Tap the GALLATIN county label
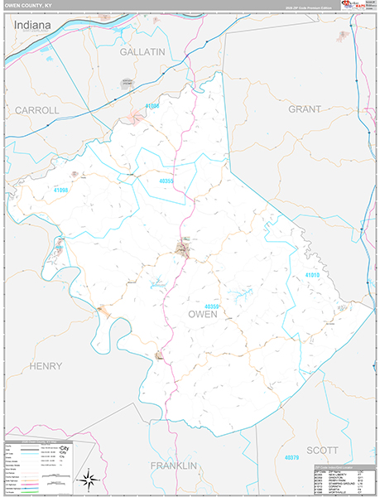pos(142,51)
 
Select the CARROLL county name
pos(36,109)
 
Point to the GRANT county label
pos(304,109)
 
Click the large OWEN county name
pos(203,314)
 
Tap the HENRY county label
pos(46,365)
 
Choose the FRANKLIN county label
pos(173,466)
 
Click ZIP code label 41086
pos(152,106)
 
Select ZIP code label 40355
pos(166,180)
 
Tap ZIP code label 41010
pos(311,274)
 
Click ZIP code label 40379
pos(290,456)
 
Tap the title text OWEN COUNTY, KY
pos(31,6)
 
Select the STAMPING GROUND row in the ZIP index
pos(339,485)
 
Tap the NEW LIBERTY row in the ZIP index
pos(339,474)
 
